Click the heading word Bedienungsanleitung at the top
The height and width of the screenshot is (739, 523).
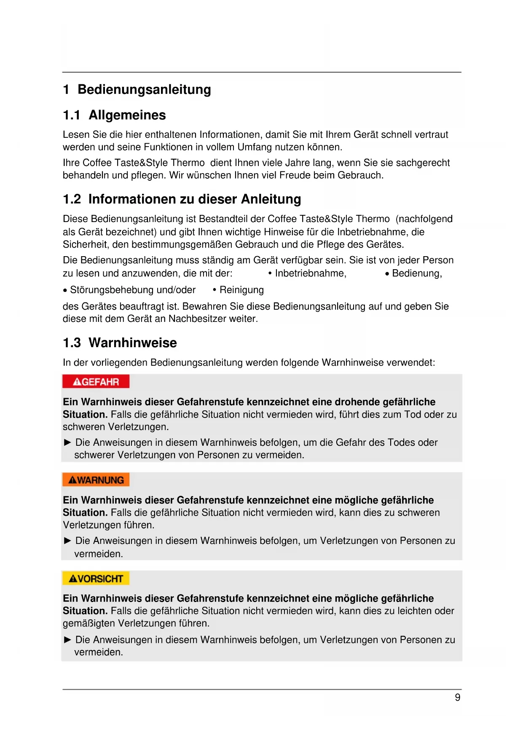(144, 90)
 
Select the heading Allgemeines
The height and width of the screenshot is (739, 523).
(127, 115)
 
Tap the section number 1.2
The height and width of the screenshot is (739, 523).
(72, 199)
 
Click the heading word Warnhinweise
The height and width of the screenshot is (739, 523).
(132, 343)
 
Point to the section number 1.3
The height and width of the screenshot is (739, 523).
(72, 343)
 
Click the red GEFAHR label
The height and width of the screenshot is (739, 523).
(96, 382)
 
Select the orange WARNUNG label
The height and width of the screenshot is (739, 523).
(96, 480)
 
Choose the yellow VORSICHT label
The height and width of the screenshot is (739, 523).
(96, 578)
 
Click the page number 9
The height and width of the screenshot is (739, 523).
(458, 698)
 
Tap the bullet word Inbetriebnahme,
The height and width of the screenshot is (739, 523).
(311, 273)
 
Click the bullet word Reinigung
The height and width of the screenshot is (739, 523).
(241, 290)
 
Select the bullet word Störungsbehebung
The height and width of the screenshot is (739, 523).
(112, 290)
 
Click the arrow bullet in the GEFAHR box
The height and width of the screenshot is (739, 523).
(67, 442)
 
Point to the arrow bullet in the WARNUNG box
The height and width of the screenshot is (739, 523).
(67, 541)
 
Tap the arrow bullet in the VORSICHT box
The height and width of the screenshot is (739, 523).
(67, 640)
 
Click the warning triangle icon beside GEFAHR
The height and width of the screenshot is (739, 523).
(77, 382)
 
